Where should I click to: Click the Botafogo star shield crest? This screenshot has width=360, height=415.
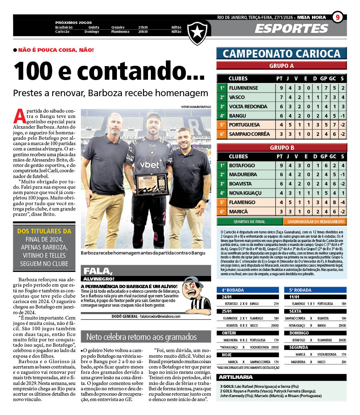[197, 33]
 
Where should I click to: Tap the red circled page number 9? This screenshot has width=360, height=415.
[337, 18]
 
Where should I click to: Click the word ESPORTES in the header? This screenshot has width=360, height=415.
[291, 29]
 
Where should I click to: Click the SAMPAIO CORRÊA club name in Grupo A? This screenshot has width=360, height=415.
[249, 134]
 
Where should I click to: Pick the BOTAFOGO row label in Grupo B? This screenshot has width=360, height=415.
[242, 165]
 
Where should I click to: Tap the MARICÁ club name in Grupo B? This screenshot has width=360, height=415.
[238, 212]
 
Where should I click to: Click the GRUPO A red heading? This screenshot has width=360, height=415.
[281, 66]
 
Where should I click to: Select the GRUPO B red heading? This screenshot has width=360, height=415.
[281, 148]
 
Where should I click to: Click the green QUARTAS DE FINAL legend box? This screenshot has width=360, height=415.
[250, 222]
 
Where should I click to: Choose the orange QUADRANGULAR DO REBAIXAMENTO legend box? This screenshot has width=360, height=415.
[315, 222]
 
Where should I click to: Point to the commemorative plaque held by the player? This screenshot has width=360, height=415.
[152, 184]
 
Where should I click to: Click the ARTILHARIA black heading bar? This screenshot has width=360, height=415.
[281, 377]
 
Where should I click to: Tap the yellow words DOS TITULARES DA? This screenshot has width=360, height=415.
[44, 231]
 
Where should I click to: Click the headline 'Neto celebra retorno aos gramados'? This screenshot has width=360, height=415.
[142, 337]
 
